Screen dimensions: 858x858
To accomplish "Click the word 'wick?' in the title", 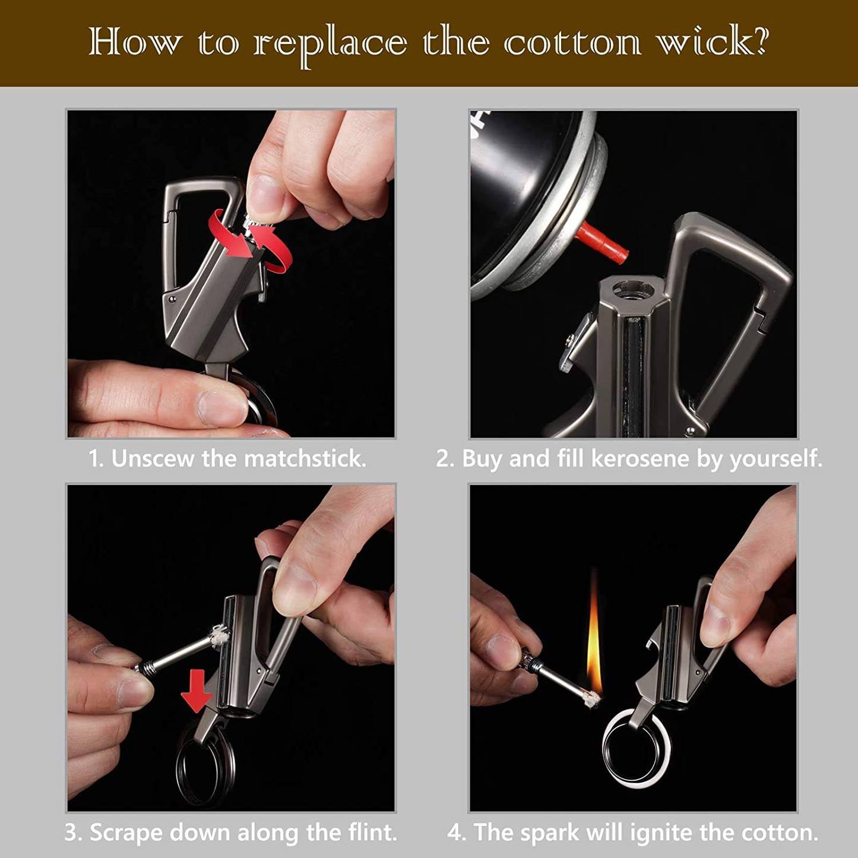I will pos(712,43).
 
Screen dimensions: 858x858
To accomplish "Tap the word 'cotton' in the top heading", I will pos(572,43).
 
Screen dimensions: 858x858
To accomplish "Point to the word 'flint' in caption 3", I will pos(371,832).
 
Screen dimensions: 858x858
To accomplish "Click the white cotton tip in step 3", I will pos(218,636).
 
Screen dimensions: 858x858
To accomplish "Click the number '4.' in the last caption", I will pos(457,832).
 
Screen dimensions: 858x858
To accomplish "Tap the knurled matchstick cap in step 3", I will pos(145,668).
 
